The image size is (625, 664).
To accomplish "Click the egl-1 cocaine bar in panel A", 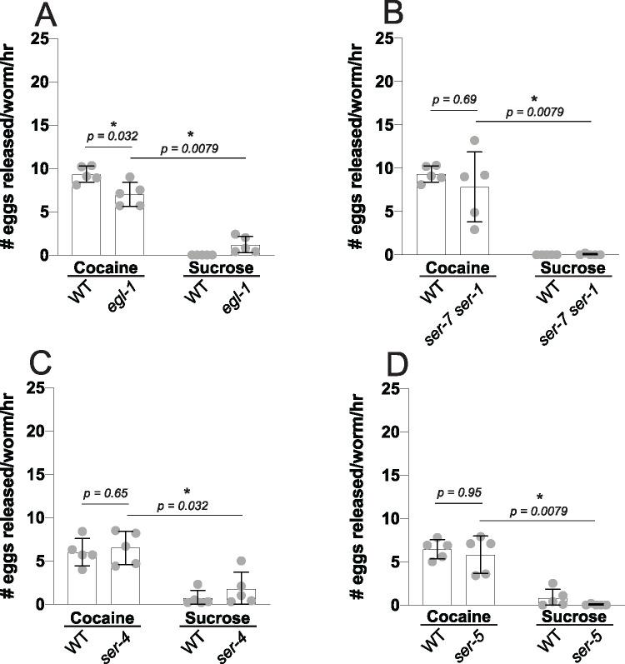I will pos(129,224).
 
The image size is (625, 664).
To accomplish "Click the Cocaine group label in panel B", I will pos(452,271).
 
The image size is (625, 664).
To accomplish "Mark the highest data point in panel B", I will pos(476,140).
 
